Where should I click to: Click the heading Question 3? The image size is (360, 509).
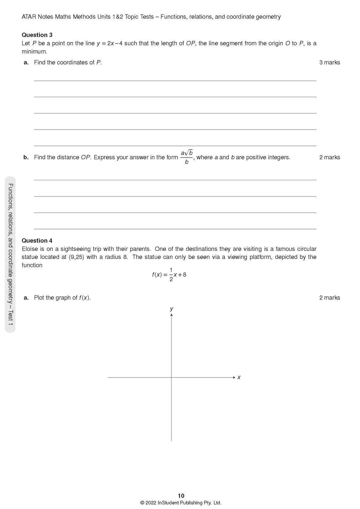click(37, 35)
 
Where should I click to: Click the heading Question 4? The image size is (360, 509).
click(37, 241)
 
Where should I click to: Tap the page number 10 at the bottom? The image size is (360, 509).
click(181, 496)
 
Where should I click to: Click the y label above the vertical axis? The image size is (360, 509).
click(171, 309)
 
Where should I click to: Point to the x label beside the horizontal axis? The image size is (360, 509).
click(239, 377)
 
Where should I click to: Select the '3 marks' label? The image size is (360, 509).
click(330, 62)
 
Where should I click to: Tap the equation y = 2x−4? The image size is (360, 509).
click(110, 44)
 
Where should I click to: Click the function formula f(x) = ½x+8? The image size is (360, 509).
click(169, 274)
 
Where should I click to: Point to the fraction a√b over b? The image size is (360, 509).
click(187, 157)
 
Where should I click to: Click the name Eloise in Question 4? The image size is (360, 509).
click(30, 249)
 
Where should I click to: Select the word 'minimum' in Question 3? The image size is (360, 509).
click(34, 52)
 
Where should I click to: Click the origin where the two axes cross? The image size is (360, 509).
click(171, 377)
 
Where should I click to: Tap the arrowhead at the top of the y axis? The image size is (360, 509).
click(171, 315)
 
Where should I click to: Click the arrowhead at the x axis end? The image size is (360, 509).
click(234, 377)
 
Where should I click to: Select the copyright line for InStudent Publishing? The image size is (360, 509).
click(181, 503)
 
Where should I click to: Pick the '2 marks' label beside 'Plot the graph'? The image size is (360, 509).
click(330, 298)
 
